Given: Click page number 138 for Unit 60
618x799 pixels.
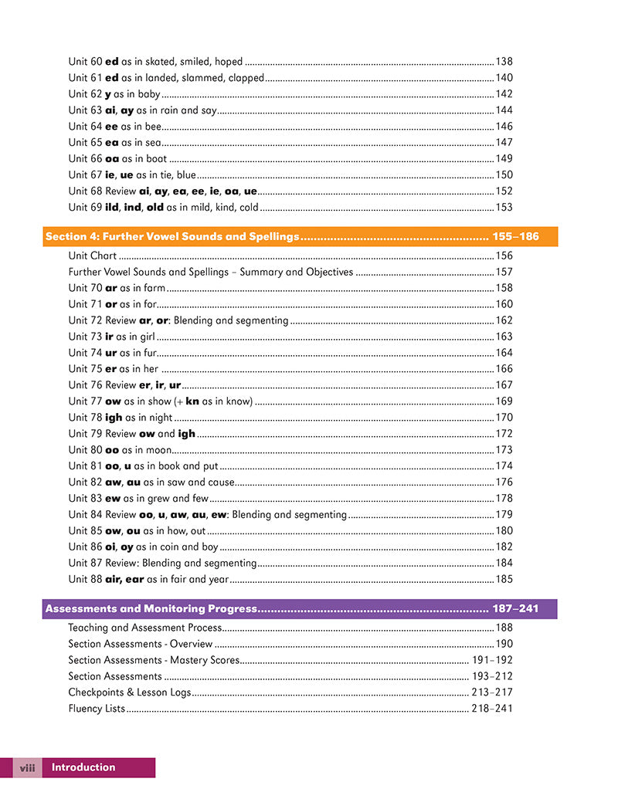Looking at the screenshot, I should point(504,61).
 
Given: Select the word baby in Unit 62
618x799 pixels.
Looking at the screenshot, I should point(149,94).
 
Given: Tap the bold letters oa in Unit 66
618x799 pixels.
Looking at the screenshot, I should point(111,159).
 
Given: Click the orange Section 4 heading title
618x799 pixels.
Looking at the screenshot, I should point(171,237).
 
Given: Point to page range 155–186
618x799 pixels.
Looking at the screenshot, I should point(515,237).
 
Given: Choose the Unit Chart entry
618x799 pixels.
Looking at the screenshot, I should point(92,256).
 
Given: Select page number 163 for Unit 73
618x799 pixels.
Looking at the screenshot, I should point(504,337).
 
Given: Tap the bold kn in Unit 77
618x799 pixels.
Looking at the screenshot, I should point(192,401).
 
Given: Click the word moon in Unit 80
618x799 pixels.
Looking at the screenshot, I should point(158,450).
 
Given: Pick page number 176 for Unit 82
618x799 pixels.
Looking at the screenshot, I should point(504,482).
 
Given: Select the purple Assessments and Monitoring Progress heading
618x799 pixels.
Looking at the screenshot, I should point(150,609).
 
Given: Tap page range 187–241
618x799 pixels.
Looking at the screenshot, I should point(515,609).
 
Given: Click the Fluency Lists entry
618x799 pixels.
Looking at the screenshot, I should point(96,708).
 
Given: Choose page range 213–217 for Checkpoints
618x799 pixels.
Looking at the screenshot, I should point(492,692).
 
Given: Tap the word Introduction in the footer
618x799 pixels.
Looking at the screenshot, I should point(83,767).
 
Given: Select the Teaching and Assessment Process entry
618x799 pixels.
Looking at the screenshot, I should point(144,628).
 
